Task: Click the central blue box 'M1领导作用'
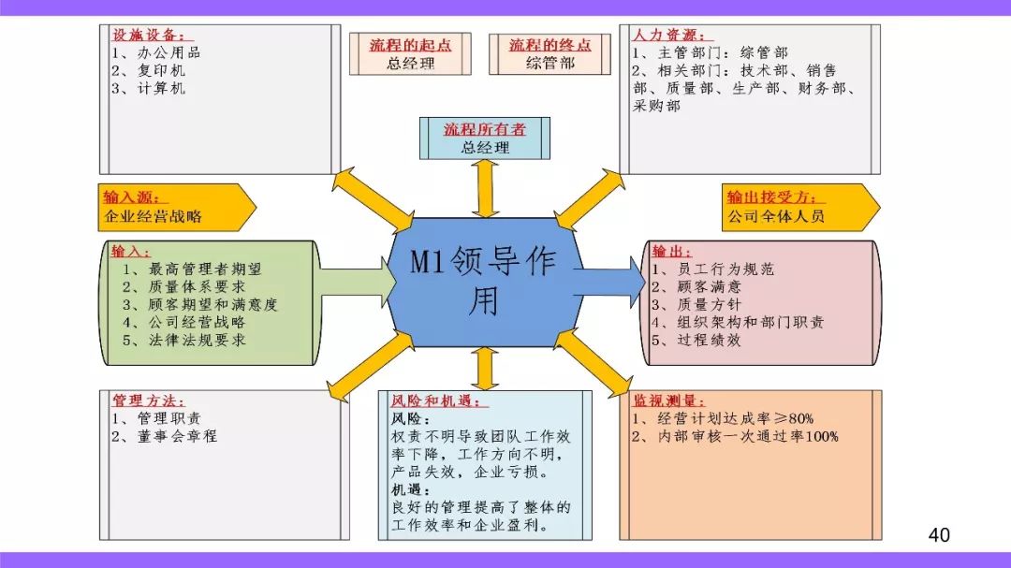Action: (484, 282)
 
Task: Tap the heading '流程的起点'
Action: (410, 45)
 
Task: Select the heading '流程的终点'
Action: (549, 45)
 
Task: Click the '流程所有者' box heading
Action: (484, 129)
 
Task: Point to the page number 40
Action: (939, 534)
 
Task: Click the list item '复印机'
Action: (161, 70)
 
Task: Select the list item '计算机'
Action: (161, 88)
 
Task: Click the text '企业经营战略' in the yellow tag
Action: (153, 217)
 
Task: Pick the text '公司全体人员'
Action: (776, 217)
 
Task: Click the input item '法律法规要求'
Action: (198, 340)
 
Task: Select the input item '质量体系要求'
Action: (198, 286)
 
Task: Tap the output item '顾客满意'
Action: (710, 286)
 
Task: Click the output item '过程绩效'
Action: (710, 340)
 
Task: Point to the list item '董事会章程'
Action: (177, 436)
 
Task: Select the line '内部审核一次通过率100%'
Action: (748, 436)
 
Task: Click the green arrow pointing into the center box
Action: (357, 282)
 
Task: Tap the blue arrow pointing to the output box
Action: (610, 282)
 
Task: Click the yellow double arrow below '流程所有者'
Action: (485, 188)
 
